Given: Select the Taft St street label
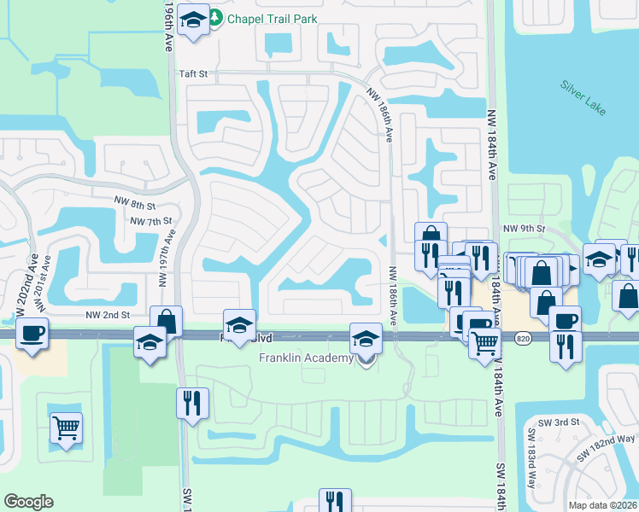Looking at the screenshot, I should (193, 74).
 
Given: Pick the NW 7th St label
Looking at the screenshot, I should (153, 222).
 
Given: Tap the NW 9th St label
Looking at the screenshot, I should (525, 228).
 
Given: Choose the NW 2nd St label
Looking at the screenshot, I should (108, 314).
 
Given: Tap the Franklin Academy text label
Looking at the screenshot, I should (307, 358).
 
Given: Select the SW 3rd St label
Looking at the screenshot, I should (559, 422).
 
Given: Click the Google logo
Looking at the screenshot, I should (28, 502).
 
